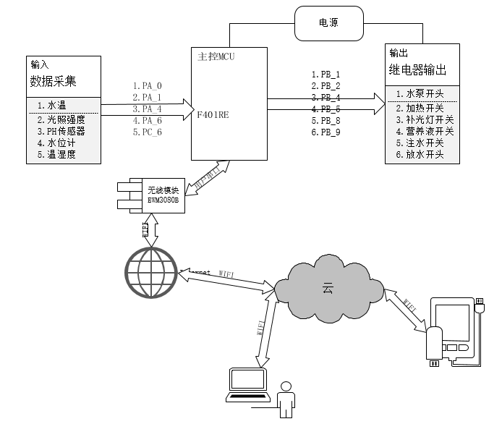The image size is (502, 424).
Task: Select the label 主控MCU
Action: click(216, 56)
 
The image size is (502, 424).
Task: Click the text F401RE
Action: click(213, 114)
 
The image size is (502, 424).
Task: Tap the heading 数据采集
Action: click(53, 80)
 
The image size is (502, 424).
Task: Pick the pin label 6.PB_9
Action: click(326, 132)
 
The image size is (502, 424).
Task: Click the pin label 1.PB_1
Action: click(326, 74)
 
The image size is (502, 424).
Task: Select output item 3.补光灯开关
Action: click(425, 119)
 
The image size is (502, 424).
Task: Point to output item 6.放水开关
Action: click(420, 154)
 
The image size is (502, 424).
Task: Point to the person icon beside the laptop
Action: click(286, 398)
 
